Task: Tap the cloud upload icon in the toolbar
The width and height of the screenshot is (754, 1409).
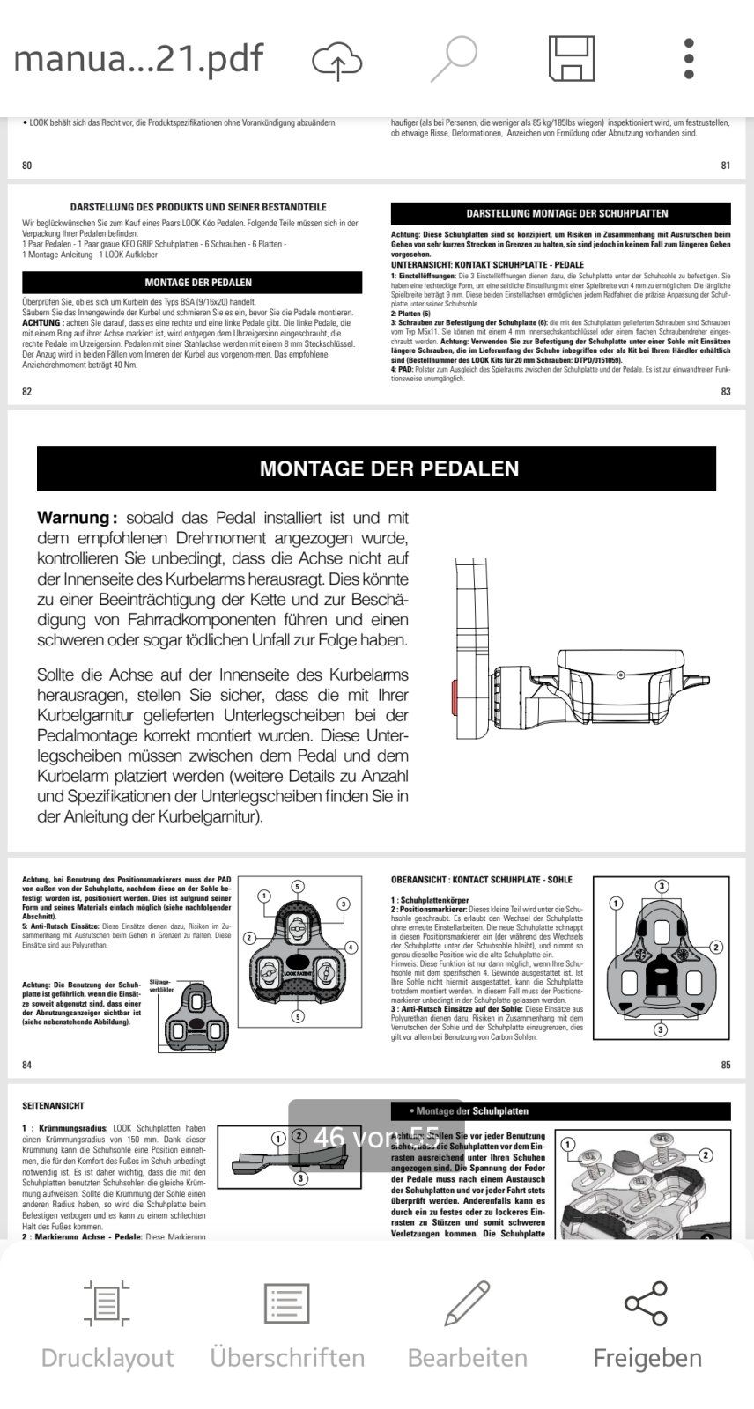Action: pyautogui.click(x=337, y=60)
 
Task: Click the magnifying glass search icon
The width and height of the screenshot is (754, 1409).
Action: pyautogui.click(x=455, y=59)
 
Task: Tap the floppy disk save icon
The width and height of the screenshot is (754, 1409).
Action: pyautogui.click(x=572, y=59)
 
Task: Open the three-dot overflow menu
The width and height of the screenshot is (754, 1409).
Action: pyautogui.click(x=689, y=59)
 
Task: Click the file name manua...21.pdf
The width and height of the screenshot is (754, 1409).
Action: pyautogui.click(x=138, y=59)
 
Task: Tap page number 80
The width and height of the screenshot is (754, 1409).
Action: pyautogui.click(x=26, y=166)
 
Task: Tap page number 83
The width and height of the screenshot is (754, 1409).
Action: pyautogui.click(x=725, y=392)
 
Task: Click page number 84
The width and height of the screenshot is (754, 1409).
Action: pyautogui.click(x=26, y=1066)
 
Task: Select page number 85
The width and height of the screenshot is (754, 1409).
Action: pyautogui.click(x=725, y=1066)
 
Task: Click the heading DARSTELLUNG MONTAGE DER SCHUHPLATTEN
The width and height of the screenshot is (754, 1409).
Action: pyautogui.click(x=566, y=213)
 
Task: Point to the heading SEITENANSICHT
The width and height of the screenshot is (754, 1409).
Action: pyautogui.click(x=53, y=1105)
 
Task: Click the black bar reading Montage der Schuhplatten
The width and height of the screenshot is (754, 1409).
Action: pyautogui.click(x=560, y=1111)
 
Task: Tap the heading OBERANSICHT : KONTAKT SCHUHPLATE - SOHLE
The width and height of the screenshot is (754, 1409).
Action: pyautogui.click(x=481, y=879)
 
